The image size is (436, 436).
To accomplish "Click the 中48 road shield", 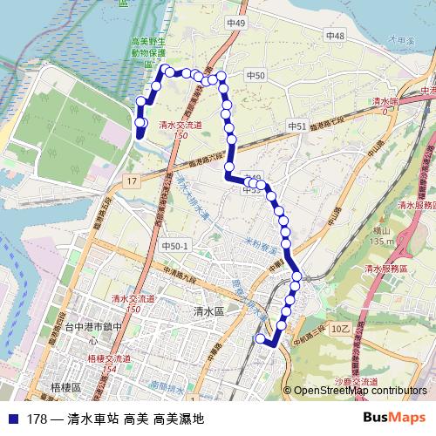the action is (x=335, y=36).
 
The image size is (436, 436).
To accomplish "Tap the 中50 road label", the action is (x=255, y=77).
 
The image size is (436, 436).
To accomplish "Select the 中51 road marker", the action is (x=297, y=126).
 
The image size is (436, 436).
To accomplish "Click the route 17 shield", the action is (x=132, y=181).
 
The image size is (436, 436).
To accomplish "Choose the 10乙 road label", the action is (x=340, y=328).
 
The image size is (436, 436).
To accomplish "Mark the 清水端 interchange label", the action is (x=382, y=102).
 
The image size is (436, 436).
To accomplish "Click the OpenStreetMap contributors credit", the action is (x=360, y=392).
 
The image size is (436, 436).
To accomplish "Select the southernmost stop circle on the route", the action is (x=259, y=337).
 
